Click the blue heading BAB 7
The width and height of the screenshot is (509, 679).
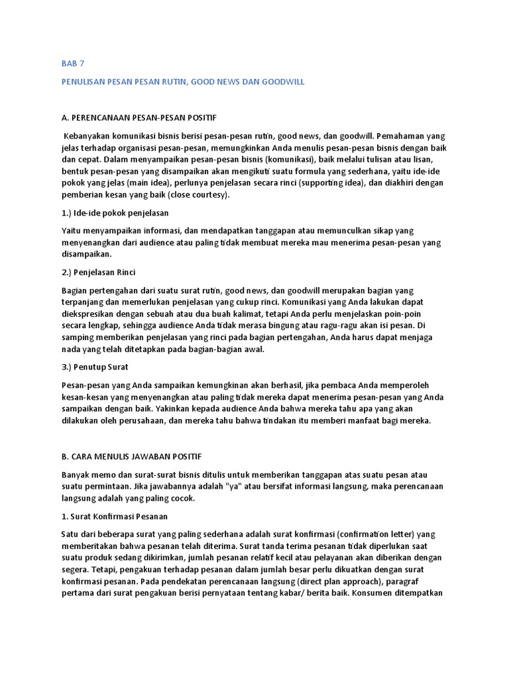(73, 64)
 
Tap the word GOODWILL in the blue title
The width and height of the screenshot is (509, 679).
(278, 82)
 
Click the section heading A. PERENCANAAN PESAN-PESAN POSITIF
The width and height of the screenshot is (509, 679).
(139, 118)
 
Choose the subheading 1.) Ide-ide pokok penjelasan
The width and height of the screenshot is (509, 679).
(115, 213)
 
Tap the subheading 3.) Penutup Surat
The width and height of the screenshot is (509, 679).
(94, 367)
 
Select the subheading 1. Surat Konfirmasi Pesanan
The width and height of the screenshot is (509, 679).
(115, 517)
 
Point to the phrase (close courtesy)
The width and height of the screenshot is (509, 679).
(196, 194)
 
